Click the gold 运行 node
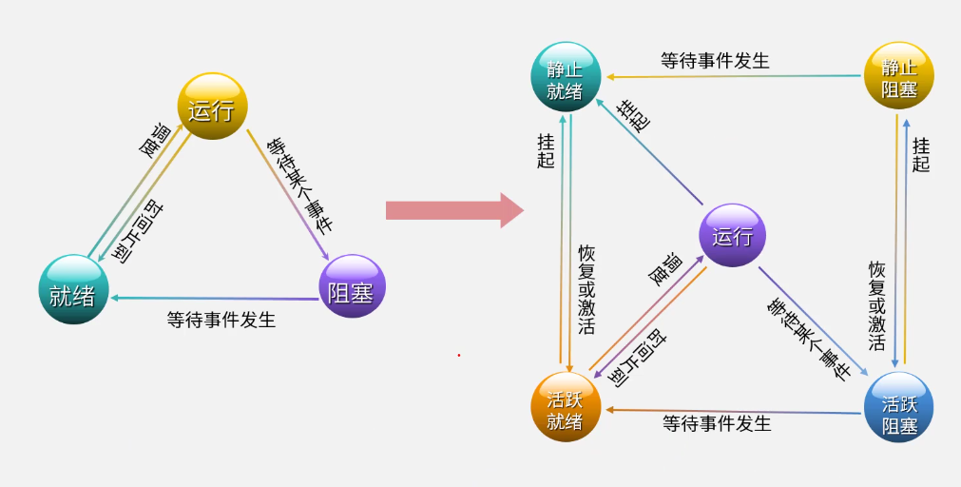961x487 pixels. (212, 107)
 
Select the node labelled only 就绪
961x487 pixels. (73, 289)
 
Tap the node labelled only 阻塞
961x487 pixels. (351, 286)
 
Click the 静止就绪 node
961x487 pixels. (566, 78)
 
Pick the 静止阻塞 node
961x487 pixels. (898, 77)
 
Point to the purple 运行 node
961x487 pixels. (732, 236)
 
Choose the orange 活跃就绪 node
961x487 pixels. (566, 408)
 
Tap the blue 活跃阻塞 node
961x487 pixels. (898, 408)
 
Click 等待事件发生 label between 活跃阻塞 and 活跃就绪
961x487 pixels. (717, 422)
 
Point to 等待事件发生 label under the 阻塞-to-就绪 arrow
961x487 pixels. (221, 320)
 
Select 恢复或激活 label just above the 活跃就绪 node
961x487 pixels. (586, 290)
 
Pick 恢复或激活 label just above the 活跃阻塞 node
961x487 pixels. (877, 305)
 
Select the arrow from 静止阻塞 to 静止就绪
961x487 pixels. (732, 75)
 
